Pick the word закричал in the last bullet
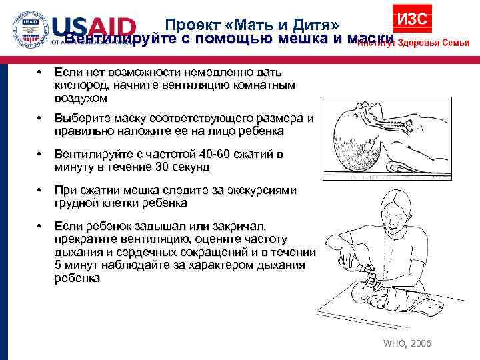tap(229, 227)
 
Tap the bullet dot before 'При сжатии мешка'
tap(41, 191)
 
